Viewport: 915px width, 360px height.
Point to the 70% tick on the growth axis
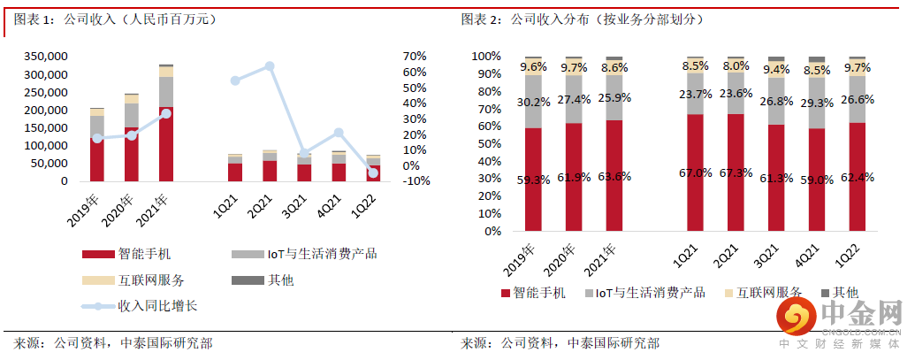point(414,56)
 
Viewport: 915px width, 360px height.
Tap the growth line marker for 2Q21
point(270,66)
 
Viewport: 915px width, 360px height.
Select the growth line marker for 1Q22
point(373,173)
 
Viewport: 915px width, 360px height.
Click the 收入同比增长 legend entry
point(138,307)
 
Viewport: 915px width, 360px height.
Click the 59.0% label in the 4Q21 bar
point(817,179)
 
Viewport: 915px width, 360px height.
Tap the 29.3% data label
point(817,103)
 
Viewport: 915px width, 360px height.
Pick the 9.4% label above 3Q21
point(776,69)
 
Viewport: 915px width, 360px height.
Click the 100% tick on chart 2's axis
point(485,56)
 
